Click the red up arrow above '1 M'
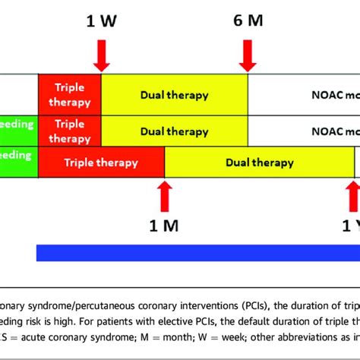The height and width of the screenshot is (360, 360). tap(164, 196)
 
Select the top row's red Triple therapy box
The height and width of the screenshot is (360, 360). tap(69, 94)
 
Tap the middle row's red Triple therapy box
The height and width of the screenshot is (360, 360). tap(69, 130)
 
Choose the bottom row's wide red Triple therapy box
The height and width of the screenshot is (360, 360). tap(101, 163)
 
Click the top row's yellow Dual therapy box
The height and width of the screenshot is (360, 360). tap(174, 94)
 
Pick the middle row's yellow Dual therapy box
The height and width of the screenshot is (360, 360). tap(174, 130)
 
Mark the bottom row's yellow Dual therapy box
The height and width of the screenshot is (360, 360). tap(259, 163)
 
